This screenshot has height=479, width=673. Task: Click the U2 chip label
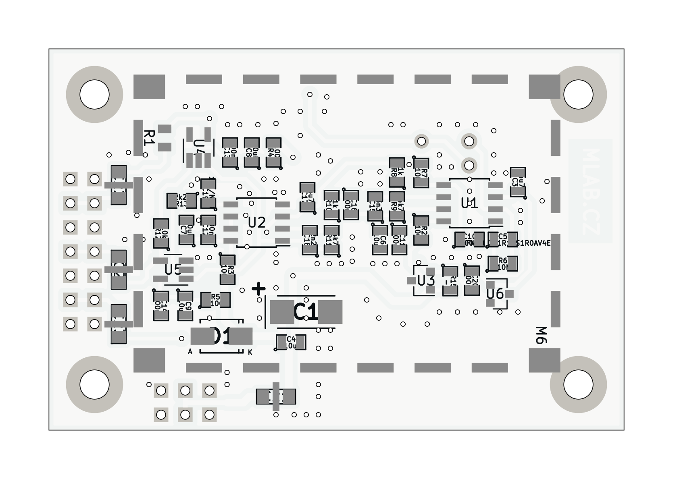pyautogui.click(x=257, y=222)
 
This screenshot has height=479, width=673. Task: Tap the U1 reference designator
pyautogui.click(x=469, y=203)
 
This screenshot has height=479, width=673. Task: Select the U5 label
pyautogui.click(x=173, y=270)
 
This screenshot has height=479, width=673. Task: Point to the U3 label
pyautogui.click(x=426, y=280)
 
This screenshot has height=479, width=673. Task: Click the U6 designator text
pyautogui.click(x=495, y=294)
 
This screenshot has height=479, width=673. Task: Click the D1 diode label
pyautogui.click(x=221, y=336)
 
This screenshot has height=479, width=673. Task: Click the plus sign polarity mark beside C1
pyautogui.click(x=258, y=288)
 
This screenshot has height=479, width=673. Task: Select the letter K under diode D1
pyautogui.click(x=250, y=353)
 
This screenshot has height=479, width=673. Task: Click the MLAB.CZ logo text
pyautogui.click(x=590, y=191)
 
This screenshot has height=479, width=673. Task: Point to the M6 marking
pyautogui.click(x=542, y=335)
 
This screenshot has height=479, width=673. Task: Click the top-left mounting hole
pyautogui.click(x=94, y=95)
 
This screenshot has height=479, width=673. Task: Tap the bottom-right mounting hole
pyautogui.click(x=578, y=384)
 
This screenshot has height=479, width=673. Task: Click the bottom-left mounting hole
pyautogui.click(x=94, y=384)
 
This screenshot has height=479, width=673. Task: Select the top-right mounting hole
pyautogui.click(x=578, y=95)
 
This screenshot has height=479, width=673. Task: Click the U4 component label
pyautogui.click(x=199, y=147)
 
